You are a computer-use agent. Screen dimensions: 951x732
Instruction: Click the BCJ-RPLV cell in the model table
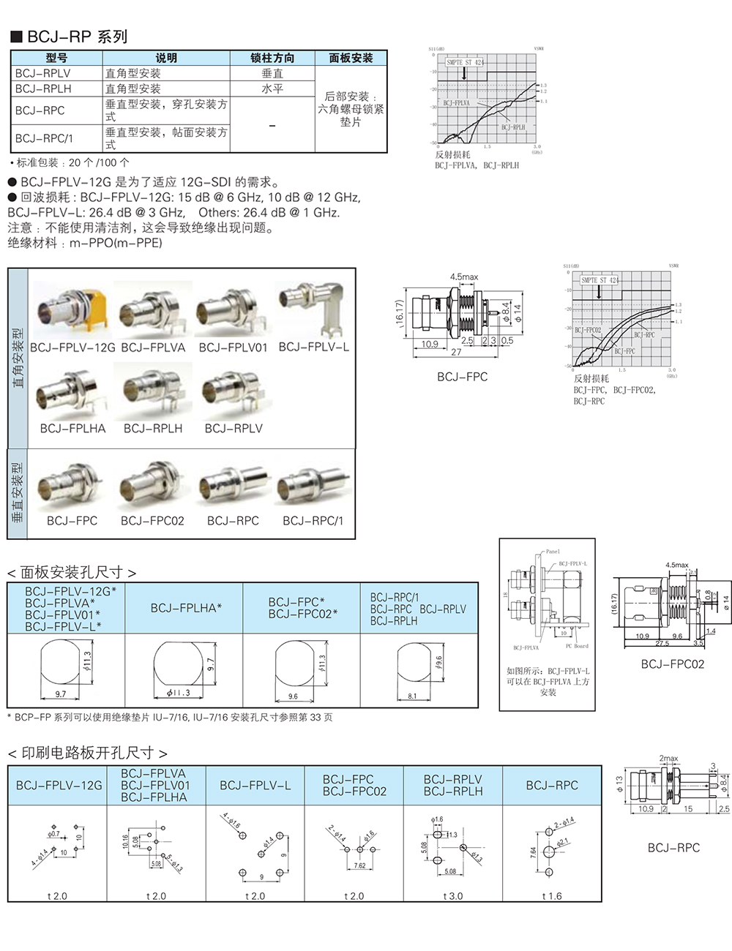coord(43,73)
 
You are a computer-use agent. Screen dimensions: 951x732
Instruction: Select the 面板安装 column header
coord(351,58)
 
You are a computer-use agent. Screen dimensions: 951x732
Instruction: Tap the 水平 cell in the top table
coord(272,89)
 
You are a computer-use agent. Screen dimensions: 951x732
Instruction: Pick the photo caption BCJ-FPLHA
coord(72,429)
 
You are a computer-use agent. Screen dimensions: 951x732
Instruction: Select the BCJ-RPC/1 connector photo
coord(313,485)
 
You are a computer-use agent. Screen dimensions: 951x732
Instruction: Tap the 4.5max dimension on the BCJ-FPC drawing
coord(463,277)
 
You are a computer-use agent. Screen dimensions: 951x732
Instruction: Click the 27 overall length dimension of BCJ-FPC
coord(456,353)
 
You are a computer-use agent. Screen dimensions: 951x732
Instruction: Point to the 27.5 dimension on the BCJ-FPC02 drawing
coord(662,644)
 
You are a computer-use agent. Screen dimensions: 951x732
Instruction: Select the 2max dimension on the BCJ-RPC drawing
coord(668,759)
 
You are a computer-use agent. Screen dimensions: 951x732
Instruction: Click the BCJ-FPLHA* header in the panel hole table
coord(186,608)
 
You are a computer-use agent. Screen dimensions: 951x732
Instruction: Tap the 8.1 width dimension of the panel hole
coord(412,696)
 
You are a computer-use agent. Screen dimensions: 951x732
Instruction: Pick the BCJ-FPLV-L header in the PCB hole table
coord(255,786)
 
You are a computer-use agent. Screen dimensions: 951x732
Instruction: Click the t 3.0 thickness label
coord(452,896)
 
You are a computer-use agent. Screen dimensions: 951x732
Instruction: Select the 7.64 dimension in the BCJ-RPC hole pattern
coord(534,852)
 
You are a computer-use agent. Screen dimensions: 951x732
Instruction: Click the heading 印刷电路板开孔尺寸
coord(87,753)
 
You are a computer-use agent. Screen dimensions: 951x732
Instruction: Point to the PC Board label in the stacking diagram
coord(577,646)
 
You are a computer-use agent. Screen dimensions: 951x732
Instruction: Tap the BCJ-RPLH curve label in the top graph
coord(513,127)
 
